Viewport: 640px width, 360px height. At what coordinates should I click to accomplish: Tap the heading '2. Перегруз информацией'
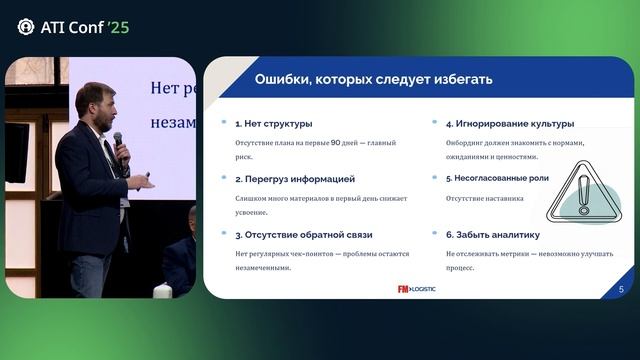pos(295,179)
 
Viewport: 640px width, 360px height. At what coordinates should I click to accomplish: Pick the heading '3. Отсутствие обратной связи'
pos(303,234)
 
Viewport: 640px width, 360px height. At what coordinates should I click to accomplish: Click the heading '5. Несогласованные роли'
pos(497,179)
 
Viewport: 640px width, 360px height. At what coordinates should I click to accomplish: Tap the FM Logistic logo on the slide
pos(417,289)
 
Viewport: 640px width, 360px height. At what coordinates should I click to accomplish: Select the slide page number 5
pos(621,289)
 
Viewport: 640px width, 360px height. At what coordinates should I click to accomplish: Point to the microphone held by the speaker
pos(119,146)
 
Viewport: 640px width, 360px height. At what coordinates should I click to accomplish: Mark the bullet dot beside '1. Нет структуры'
pos(224,124)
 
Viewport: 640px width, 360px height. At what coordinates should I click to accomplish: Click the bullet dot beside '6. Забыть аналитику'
pos(435,234)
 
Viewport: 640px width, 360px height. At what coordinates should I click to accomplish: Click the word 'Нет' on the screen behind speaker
pos(164,88)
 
